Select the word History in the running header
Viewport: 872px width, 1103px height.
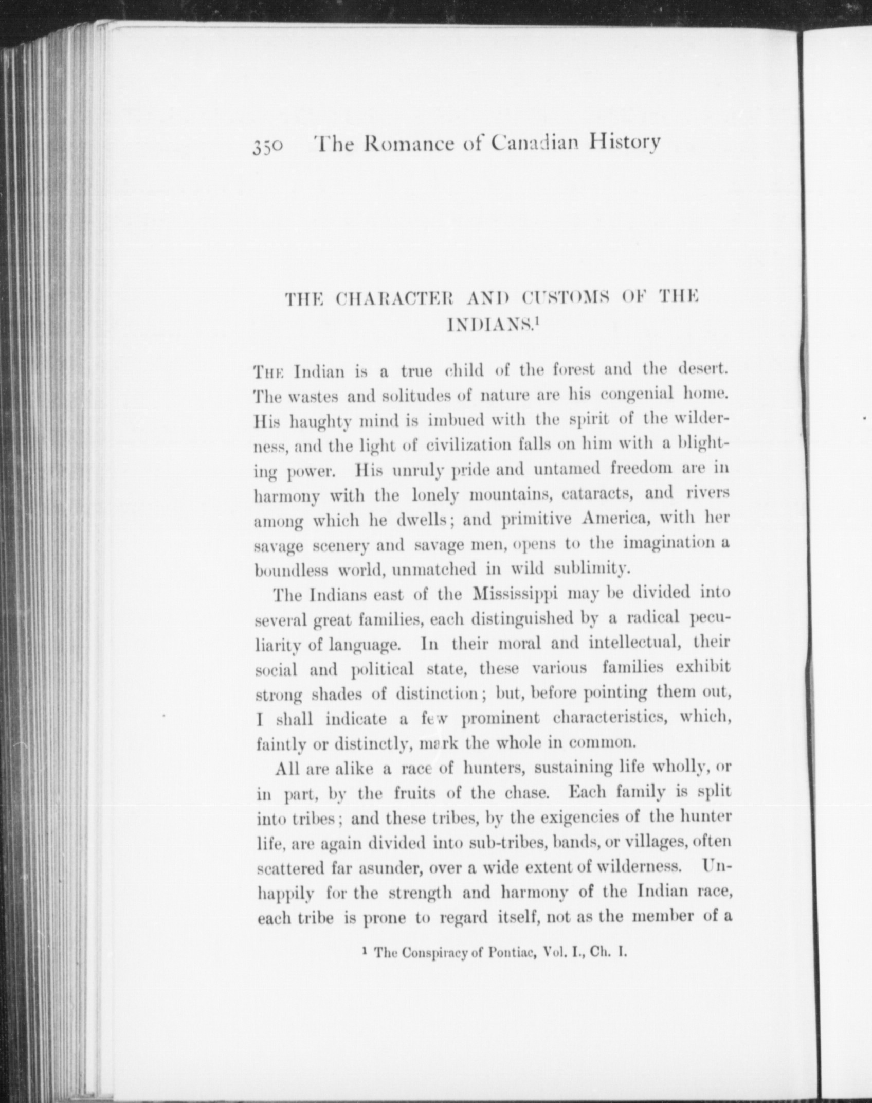(x=624, y=143)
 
